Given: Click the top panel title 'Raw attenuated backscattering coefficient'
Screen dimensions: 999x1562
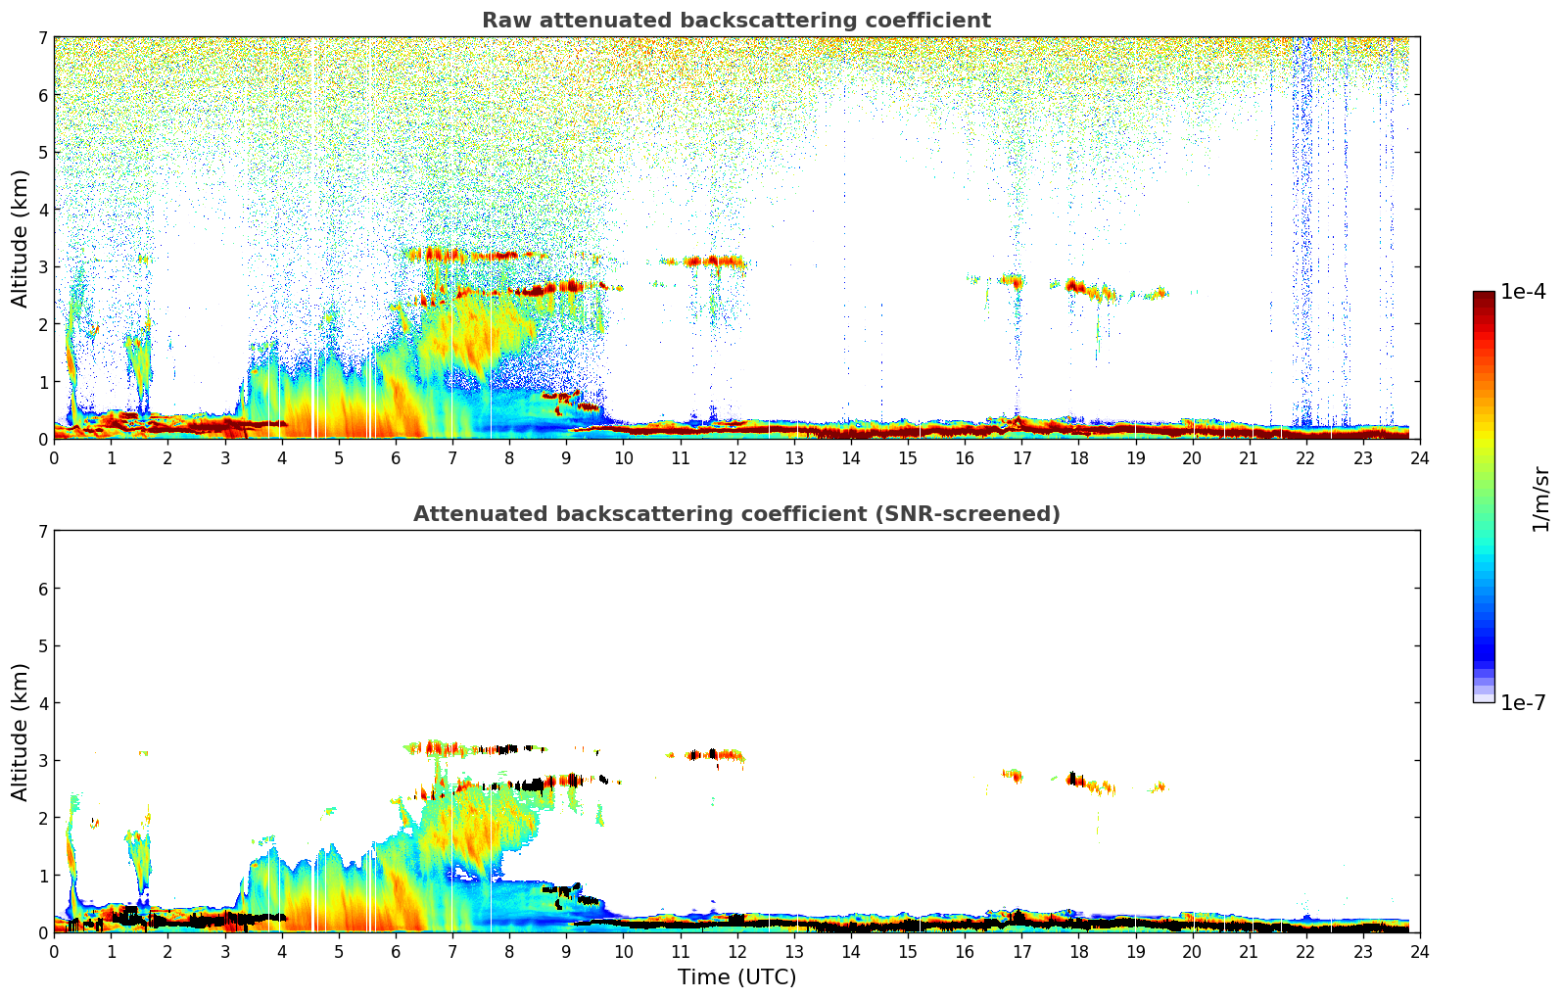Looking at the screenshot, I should [735, 21].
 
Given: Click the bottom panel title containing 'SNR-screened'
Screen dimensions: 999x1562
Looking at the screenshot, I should [735, 514].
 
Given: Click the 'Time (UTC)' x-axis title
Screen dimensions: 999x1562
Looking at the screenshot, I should [736, 977].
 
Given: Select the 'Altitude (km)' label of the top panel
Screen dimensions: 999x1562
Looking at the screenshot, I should [20, 238].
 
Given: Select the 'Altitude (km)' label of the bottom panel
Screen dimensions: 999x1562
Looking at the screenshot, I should [20, 732].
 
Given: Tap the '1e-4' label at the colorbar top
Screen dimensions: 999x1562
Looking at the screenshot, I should [1523, 292].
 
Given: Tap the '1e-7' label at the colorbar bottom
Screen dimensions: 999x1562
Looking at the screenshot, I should [1523, 703].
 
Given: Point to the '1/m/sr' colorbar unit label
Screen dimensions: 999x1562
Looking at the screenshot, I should [1540, 499].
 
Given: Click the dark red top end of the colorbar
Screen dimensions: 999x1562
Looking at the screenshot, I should [1483, 296].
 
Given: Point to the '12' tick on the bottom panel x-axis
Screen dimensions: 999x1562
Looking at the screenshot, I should [736, 952].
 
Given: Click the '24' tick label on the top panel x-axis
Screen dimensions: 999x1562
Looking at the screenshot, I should [1419, 458].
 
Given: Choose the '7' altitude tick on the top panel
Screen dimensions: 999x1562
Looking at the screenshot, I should [42, 38].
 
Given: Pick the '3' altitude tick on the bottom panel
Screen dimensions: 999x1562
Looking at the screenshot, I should [42, 761].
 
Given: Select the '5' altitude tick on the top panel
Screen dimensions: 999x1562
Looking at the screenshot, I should [42, 153].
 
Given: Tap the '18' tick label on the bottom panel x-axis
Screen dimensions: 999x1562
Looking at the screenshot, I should [1078, 952].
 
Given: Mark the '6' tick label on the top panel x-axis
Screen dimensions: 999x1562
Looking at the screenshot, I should [396, 458].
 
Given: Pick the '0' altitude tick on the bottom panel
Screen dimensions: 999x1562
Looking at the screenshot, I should [42, 932].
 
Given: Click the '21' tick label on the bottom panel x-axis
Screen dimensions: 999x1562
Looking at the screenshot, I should [1249, 952].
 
